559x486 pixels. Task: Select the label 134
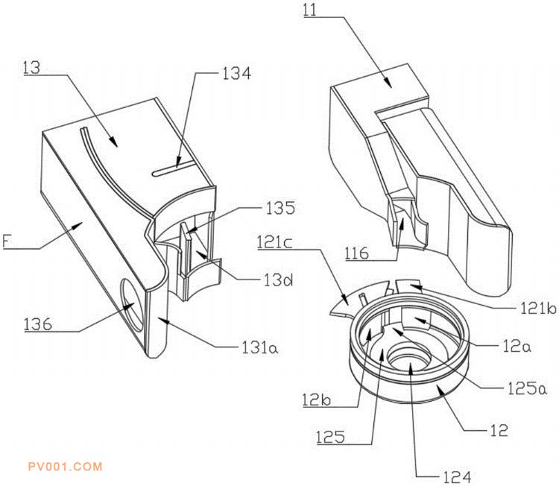point(236,74)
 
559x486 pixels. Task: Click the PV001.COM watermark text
point(64,467)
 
